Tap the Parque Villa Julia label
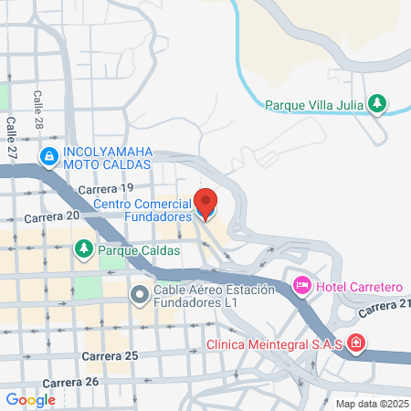coord(315,104)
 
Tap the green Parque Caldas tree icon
coord(84,248)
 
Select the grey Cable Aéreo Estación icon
coord(139,294)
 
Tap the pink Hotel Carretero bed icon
coord(301,287)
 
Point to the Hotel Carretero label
coord(359,287)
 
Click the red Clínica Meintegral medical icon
coord(355,344)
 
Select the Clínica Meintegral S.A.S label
coord(274,344)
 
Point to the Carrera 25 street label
coord(109,354)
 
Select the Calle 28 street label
coord(38,107)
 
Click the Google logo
coord(31,399)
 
